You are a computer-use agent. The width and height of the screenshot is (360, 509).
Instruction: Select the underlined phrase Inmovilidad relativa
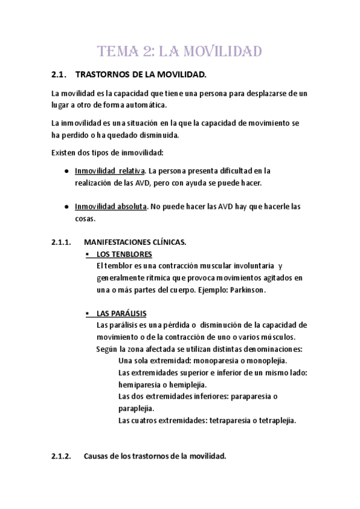pos(110,170)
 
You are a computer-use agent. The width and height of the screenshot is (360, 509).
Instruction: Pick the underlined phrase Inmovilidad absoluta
pos(110,206)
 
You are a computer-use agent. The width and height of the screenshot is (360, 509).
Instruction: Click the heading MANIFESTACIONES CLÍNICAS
pos(135,242)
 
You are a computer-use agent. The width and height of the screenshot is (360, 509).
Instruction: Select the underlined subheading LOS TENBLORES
pos(124,254)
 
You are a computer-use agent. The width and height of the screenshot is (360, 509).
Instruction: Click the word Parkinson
pos(247,290)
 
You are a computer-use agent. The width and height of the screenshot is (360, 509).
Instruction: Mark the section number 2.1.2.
pos(61,456)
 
